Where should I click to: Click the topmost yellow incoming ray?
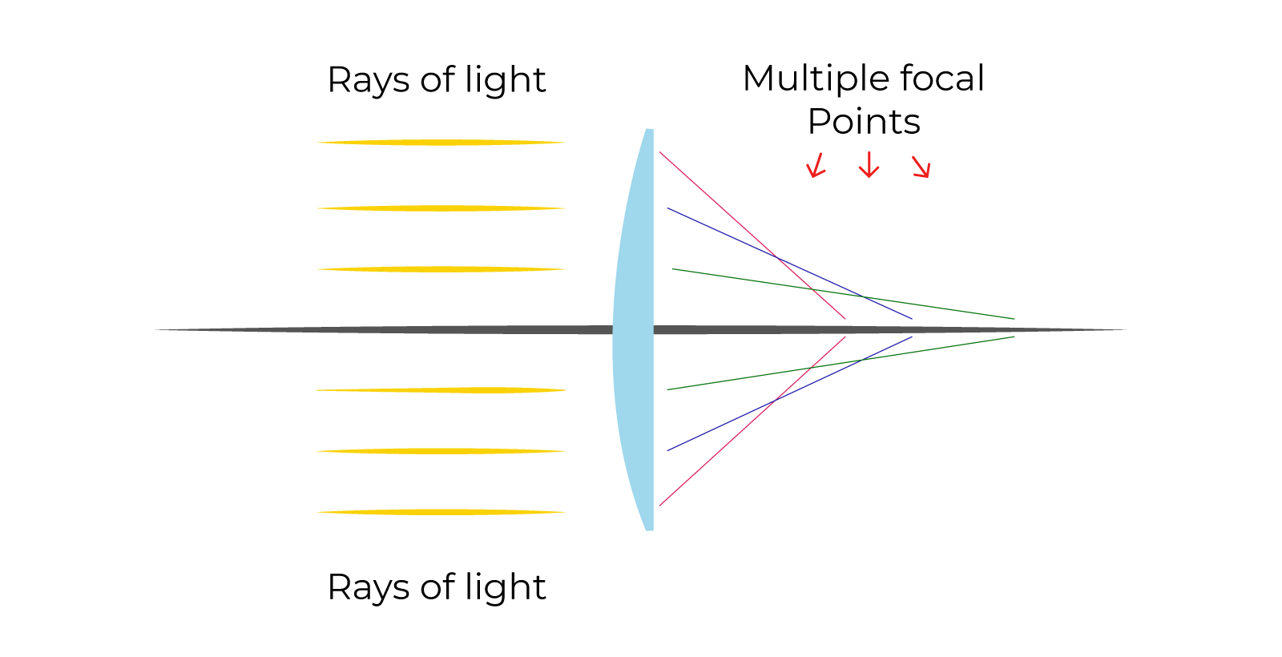pos(441,143)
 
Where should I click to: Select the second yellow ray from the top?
pos(441,208)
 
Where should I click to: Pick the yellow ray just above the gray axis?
pos(441,269)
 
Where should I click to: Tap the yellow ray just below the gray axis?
pos(441,390)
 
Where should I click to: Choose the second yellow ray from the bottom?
pos(441,451)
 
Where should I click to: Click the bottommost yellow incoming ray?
pos(441,512)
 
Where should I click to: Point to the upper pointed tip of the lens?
pos(649,130)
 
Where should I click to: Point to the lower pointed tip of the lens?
pos(649,529)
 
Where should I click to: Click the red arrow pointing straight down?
pos(869,165)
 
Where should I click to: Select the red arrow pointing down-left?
pos(816,166)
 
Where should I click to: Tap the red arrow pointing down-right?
pos(921,167)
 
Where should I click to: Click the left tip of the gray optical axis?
pos(157,329)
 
